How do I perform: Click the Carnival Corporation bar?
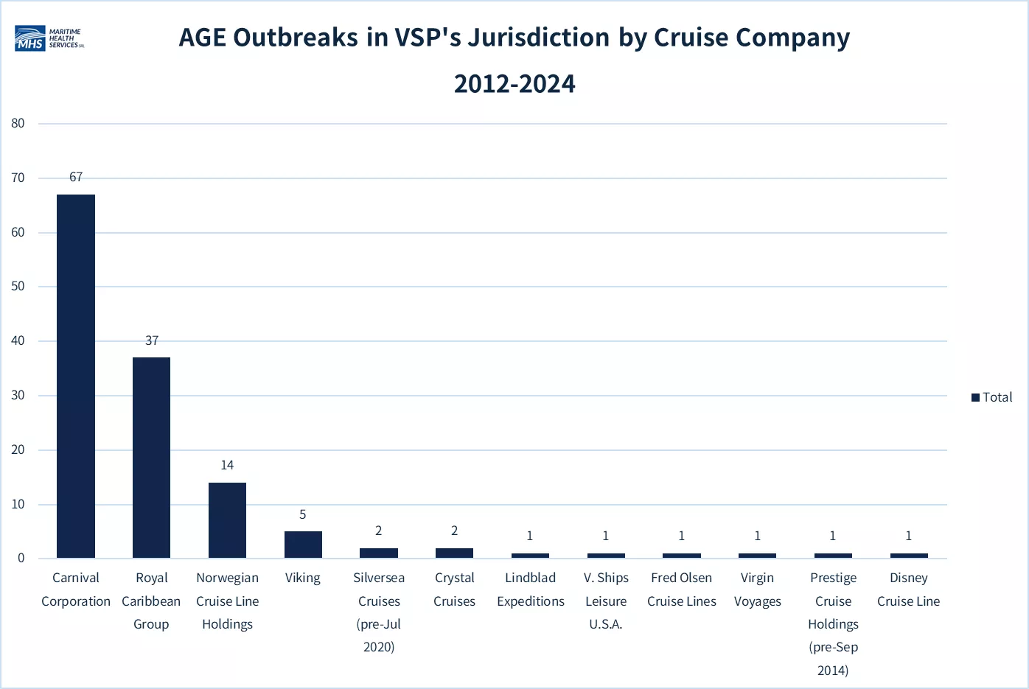coord(76,377)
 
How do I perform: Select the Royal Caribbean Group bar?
coord(152,458)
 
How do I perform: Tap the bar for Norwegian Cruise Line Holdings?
coord(227,520)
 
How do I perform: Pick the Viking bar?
coord(303,545)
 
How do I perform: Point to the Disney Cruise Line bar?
coord(909,556)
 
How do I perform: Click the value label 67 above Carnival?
coord(76,177)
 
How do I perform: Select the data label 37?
coord(152,340)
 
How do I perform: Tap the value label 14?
coord(227,465)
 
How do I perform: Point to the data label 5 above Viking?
coord(303,514)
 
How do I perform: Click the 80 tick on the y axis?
coord(18,123)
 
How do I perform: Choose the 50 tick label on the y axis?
coord(18,286)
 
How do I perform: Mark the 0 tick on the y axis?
coord(21,558)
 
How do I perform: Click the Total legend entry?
coord(992,397)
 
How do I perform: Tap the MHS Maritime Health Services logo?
coord(49,38)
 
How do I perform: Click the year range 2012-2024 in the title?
coord(514,84)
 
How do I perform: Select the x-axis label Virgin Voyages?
coord(758,590)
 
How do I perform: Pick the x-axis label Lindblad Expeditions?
coord(531,590)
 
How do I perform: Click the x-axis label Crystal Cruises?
coord(454,590)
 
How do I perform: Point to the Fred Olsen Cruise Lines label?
coord(682,590)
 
